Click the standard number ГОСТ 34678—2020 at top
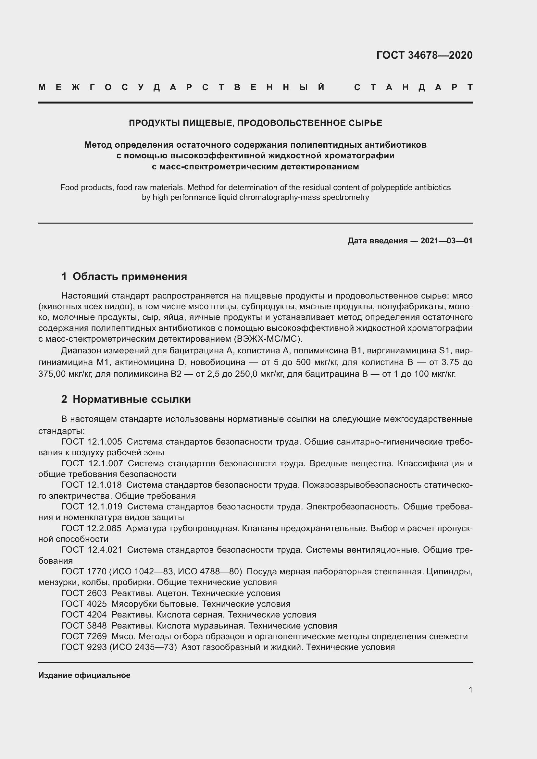[424, 55]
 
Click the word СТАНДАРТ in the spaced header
[413, 87]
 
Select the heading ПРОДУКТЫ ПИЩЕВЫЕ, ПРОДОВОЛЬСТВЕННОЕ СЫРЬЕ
[255, 123]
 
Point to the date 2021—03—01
[446, 241]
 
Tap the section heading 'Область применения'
[130, 276]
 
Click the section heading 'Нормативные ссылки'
[131, 399]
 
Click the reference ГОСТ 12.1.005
[92, 442]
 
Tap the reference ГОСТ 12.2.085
[92, 528]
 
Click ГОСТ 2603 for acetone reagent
[84, 593]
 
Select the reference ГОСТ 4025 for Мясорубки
[84, 604]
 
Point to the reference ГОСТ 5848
[84, 625]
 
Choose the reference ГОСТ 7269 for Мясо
[84, 636]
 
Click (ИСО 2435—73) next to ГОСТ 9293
[143, 647]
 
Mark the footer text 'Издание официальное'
[84, 675]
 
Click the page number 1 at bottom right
[470, 690]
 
